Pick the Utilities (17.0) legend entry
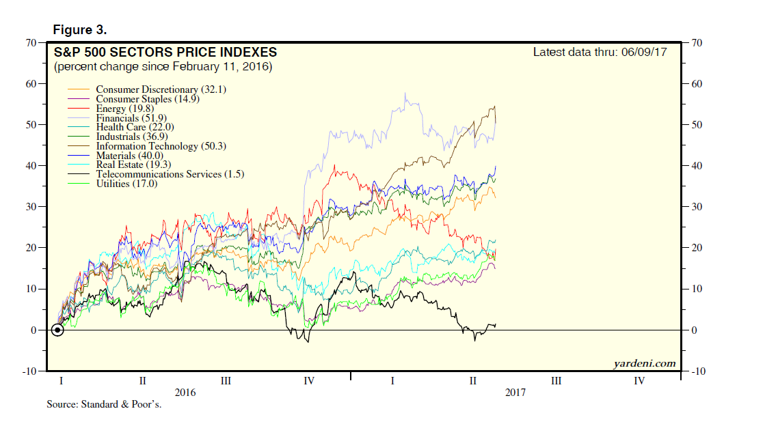[x=126, y=184]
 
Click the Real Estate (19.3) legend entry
[x=129, y=165]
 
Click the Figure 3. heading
[x=79, y=30]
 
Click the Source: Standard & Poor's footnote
[x=103, y=405]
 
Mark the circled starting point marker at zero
[x=57, y=330]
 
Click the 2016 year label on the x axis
[x=185, y=393]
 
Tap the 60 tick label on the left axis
[x=31, y=84]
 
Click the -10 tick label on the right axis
[x=698, y=371]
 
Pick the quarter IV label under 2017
[x=639, y=381]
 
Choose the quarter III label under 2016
[x=225, y=381]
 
